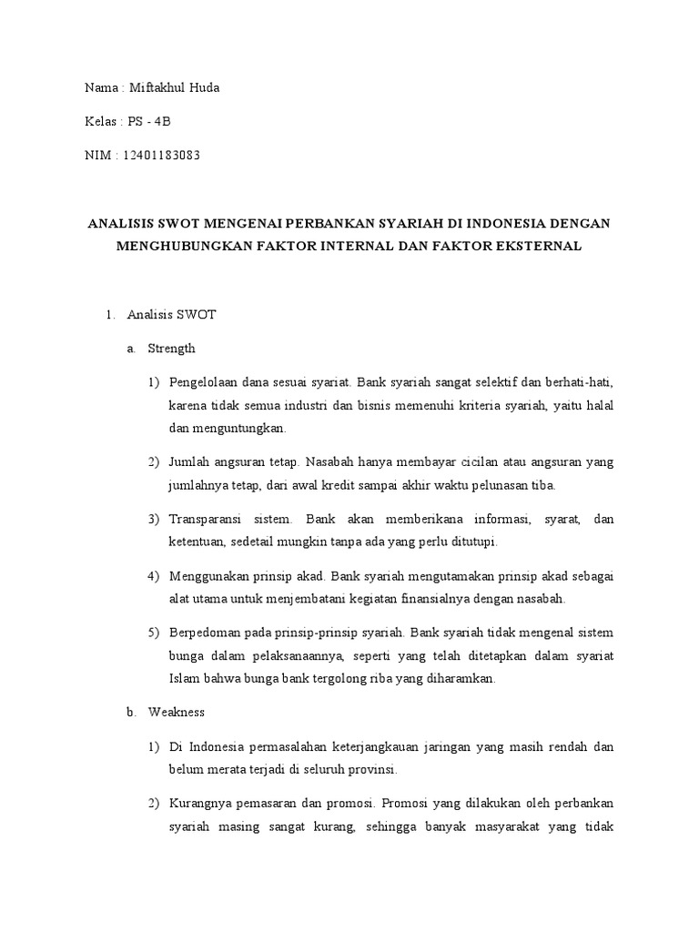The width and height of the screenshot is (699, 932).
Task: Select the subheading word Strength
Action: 171,349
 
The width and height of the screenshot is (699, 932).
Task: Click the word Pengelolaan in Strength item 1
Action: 204,382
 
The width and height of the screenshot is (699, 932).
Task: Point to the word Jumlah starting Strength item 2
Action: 188,462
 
